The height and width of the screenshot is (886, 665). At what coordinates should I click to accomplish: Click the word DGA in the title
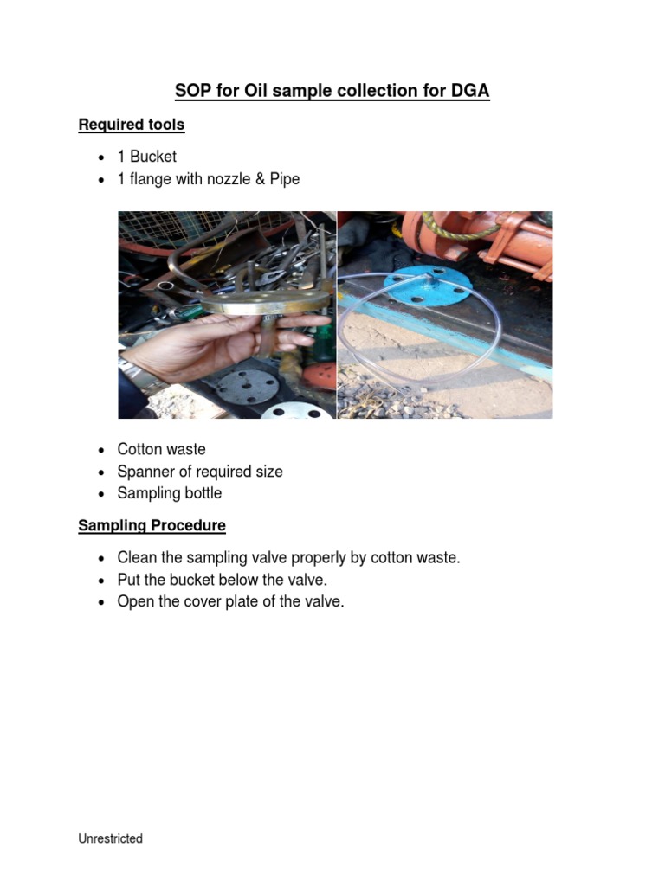(472, 91)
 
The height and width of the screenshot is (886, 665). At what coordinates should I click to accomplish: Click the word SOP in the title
(193, 91)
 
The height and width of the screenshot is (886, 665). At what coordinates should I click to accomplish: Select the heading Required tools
(132, 125)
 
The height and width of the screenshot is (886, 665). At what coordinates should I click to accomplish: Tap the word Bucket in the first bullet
(153, 157)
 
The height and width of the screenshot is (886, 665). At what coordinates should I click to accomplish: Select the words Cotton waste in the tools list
(161, 449)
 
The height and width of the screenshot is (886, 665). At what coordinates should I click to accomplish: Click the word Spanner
(143, 472)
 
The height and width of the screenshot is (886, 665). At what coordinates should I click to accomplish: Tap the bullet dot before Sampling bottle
(101, 494)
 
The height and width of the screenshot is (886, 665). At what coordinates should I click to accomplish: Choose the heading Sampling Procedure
(152, 525)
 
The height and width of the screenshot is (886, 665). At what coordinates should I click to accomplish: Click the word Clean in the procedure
(137, 558)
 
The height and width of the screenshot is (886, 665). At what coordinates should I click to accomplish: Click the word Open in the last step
(134, 601)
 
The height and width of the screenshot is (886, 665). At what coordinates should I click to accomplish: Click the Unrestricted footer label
(111, 838)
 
